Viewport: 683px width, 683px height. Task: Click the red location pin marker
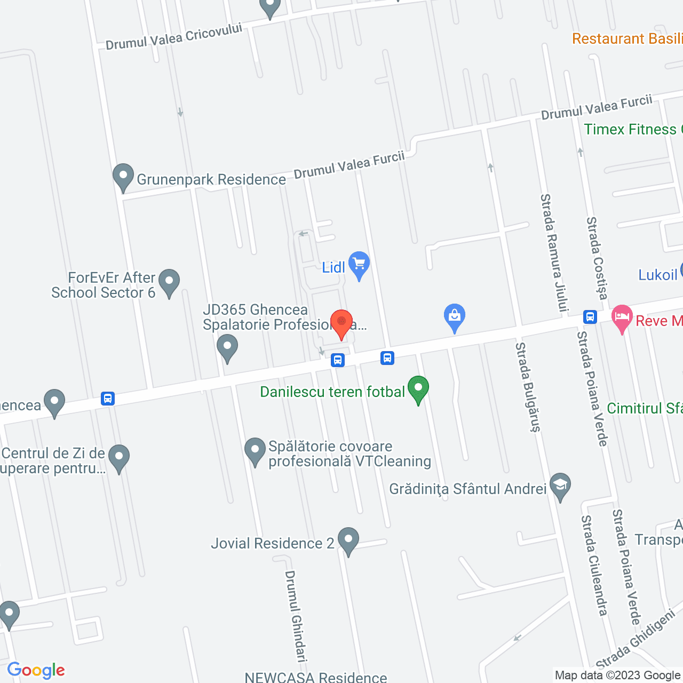(x=341, y=322)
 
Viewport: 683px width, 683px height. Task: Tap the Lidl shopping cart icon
(x=359, y=264)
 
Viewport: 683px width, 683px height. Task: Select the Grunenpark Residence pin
(x=123, y=177)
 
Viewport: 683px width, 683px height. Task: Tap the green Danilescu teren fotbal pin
(x=418, y=389)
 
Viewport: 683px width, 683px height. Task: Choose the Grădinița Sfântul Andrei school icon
(x=560, y=486)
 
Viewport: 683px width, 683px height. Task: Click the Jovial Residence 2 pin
(x=348, y=541)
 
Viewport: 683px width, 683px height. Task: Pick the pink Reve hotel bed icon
(x=622, y=318)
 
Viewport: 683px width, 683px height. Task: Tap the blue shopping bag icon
(x=455, y=317)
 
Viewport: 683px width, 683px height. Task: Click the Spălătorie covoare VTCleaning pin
(x=255, y=451)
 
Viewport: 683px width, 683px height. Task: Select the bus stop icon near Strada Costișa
(x=590, y=317)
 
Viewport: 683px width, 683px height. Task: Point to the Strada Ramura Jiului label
(x=554, y=252)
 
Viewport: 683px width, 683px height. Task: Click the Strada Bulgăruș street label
(x=528, y=387)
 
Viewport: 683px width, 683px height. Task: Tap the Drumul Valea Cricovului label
(x=174, y=36)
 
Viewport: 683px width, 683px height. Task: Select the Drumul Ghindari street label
(x=296, y=616)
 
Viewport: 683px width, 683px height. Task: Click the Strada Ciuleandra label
(x=594, y=565)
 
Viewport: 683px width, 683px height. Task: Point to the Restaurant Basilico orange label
(x=627, y=38)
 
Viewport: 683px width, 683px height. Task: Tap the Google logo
(x=36, y=670)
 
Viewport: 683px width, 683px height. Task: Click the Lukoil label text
(x=658, y=275)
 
